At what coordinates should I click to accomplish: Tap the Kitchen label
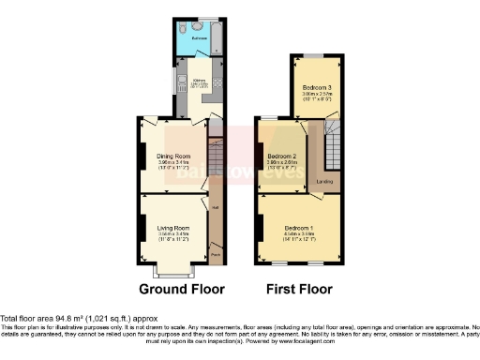(199, 81)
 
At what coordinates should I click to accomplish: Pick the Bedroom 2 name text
(281, 156)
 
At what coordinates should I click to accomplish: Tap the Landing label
(324, 181)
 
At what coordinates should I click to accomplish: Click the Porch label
(215, 252)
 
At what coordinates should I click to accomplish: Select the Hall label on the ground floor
(215, 207)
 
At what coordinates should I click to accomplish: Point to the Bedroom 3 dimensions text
(304, 95)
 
